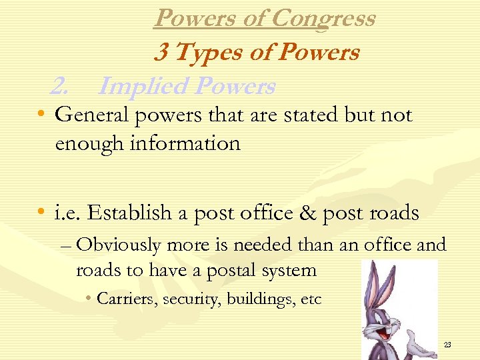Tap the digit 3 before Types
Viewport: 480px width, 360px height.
tap(161, 52)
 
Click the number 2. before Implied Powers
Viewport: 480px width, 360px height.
tap(61, 86)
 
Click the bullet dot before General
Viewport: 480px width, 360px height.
tap(42, 116)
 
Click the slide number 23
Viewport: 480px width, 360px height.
tap(447, 345)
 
